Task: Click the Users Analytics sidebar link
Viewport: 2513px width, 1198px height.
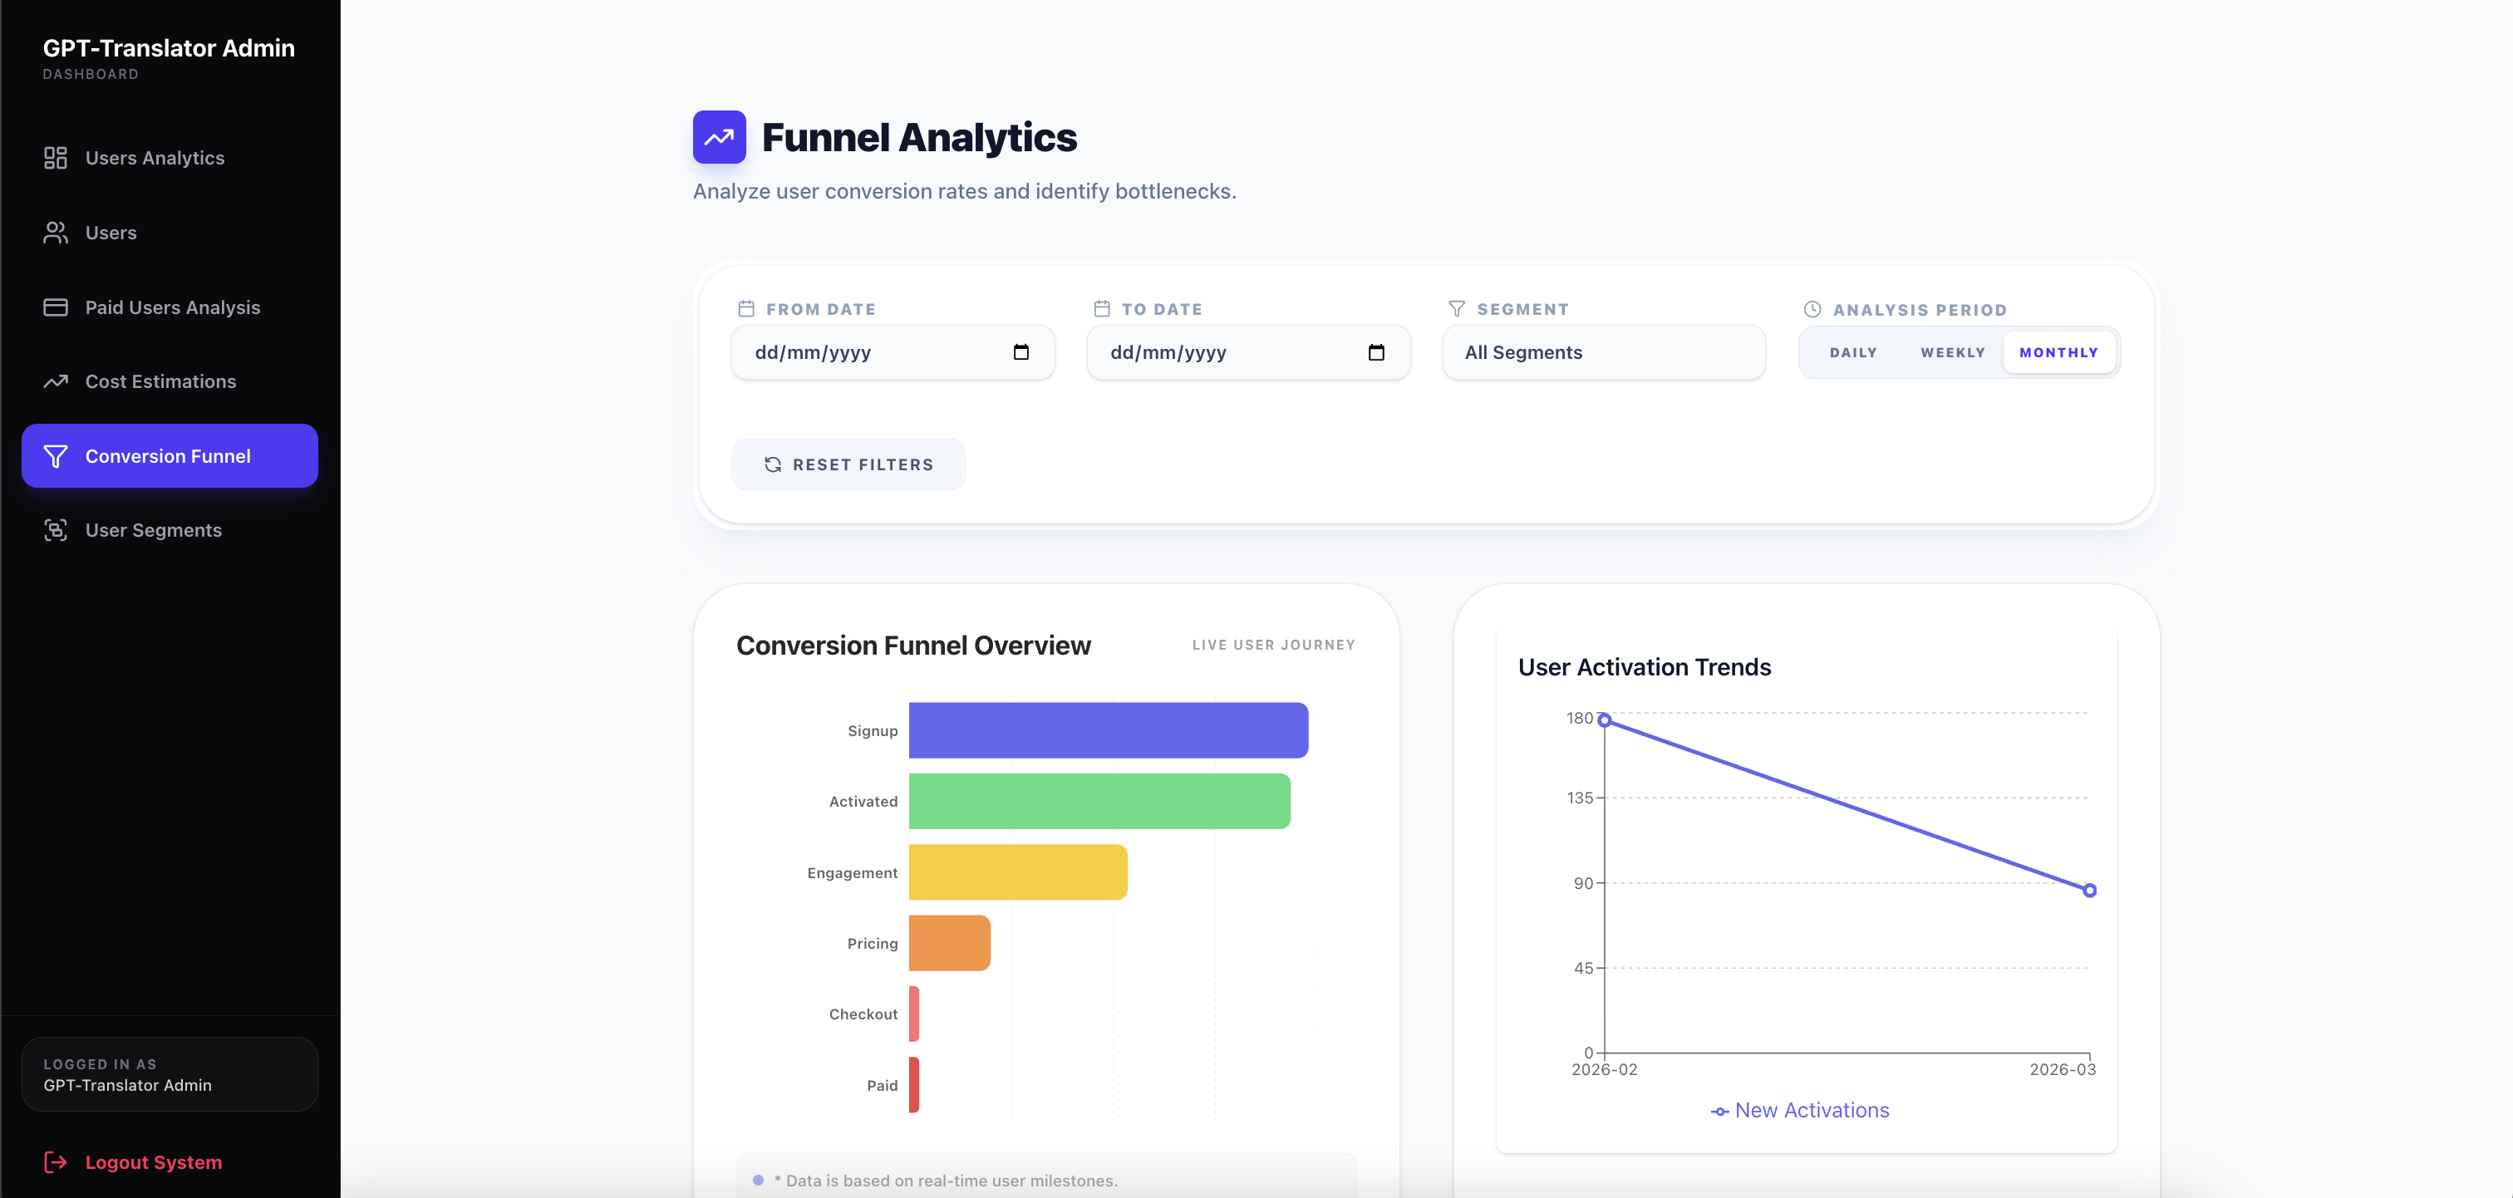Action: [x=154, y=158]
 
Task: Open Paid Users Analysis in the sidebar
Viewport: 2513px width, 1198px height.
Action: [x=172, y=307]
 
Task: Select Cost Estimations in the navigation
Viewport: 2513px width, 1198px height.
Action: [x=160, y=381]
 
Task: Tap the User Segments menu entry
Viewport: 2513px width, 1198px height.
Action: [x=153, y=530]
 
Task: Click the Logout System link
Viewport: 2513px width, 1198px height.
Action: [x=152, y=1162]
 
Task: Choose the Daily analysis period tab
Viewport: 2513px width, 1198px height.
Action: [x=1852, y=352]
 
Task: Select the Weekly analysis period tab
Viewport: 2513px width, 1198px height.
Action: [x=1952, y=352]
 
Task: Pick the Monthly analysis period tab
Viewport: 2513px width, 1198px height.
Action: [x=2058, y=352]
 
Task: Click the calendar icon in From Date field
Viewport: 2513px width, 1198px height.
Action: [x=1021, y=352]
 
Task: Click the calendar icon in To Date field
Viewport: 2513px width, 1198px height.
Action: [x=1376, y=352]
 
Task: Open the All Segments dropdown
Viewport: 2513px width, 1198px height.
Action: [x=1603, y=352]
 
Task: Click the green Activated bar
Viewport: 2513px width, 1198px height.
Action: [x=1099, y=801]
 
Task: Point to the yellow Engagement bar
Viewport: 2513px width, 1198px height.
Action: [x=1017, y=872]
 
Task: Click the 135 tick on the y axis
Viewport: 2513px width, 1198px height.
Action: [x=1580, y=798]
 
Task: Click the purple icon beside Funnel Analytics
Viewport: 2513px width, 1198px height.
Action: [x=719, y=138]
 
